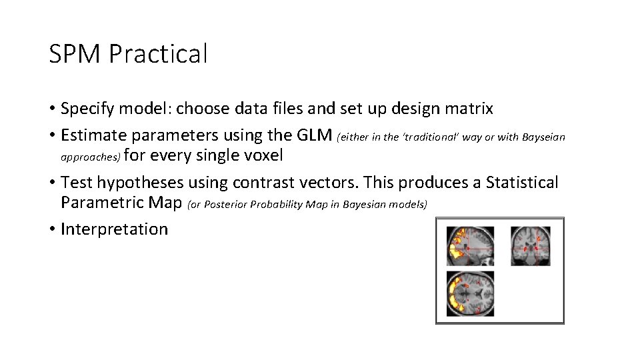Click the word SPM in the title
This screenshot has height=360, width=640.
pyautogui.click(x=75, y=54)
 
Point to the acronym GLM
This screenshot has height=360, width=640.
pyautogui.click(x=313, y=135)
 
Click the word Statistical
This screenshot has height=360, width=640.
pyautogui.click(x=522, y=183)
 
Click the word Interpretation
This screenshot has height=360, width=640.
pyautogui.click(x=114, y=229)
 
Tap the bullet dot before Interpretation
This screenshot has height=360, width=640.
pyautogui.click(x=52, y=230)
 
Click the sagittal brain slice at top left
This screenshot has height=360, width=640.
pyautogui.click(x=471, y=245)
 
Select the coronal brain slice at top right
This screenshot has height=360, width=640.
pyautogui.click(x=531, y=245)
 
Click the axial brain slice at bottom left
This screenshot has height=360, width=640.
pyautogui.click(x=471, y=293)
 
